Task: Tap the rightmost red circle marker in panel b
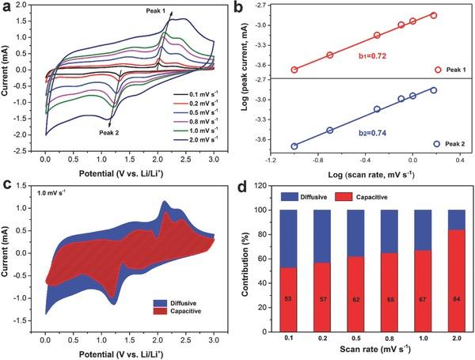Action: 433,15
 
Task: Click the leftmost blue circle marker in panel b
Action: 294,146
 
